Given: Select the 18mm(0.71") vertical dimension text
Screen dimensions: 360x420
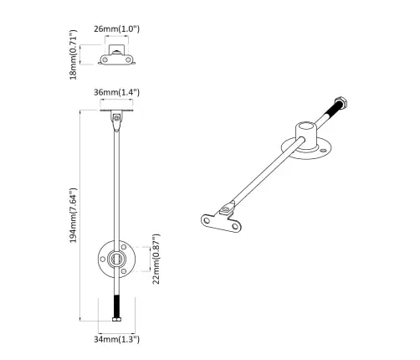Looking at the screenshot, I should pos(74,57).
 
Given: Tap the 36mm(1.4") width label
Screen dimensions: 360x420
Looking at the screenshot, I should pos(116,93).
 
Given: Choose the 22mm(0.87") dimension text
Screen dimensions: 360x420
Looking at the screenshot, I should pos(156,260).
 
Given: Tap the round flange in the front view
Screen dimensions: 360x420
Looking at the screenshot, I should pos(115,260).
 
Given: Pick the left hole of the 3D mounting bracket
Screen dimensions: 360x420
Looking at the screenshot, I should pos(206,220).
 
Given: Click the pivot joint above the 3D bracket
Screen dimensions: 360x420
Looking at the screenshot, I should pos(226,205).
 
